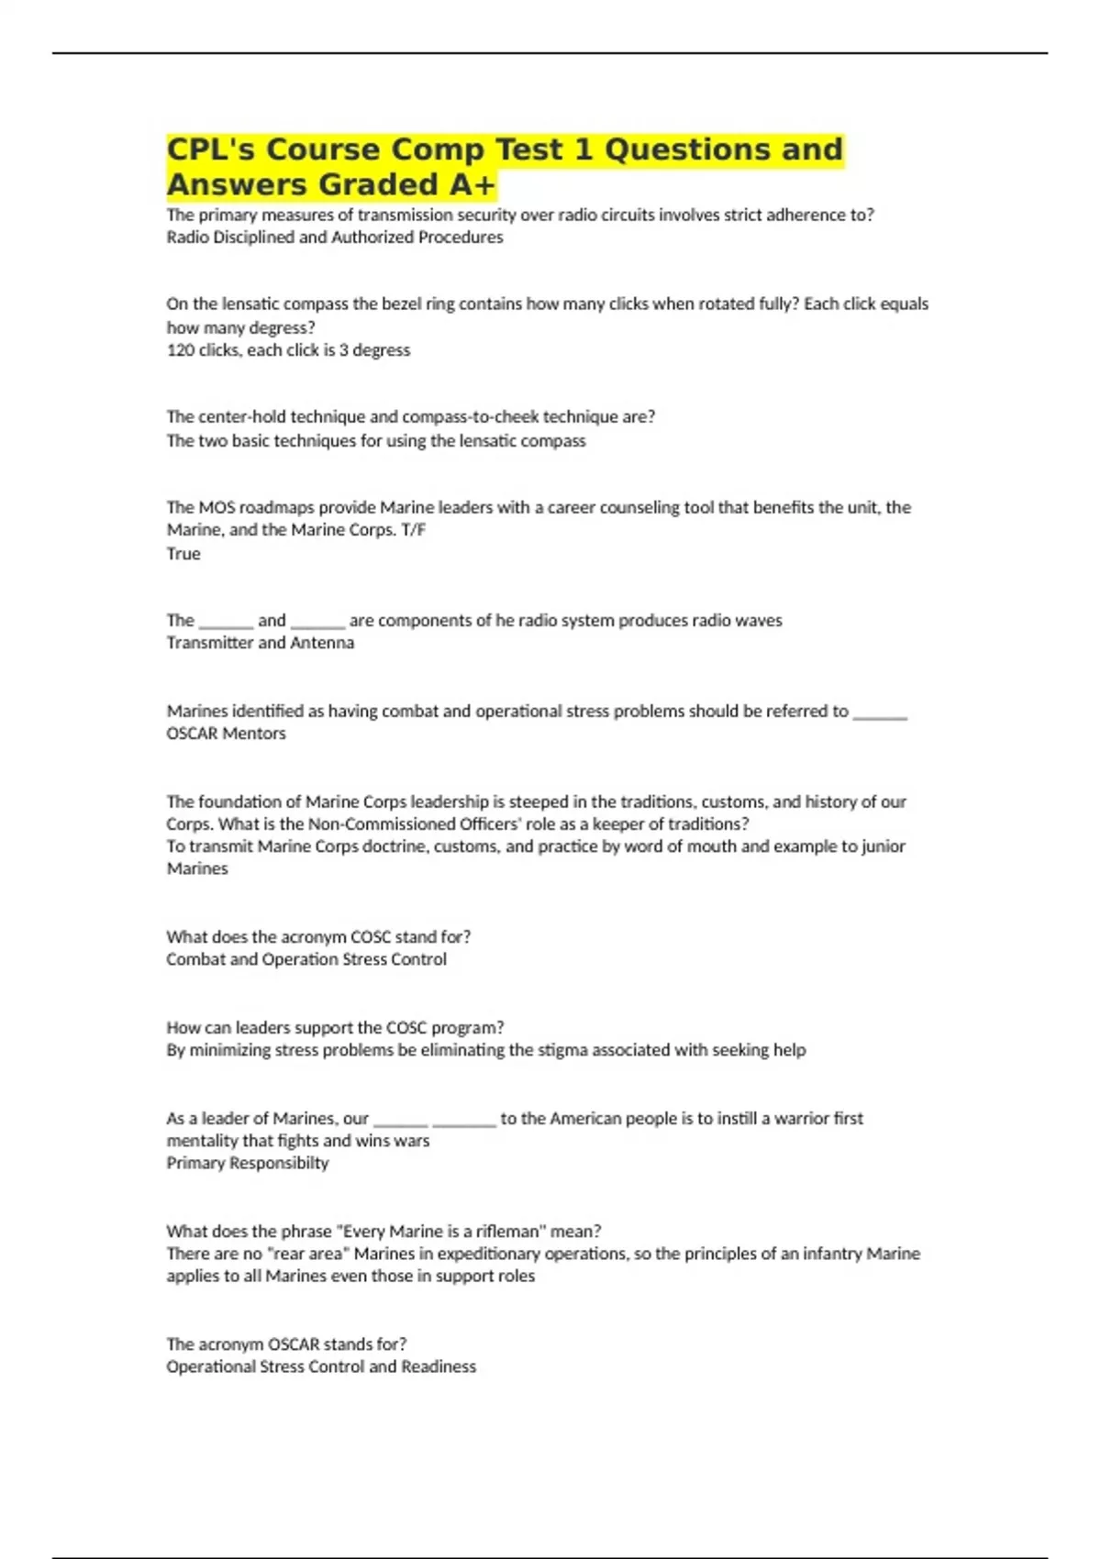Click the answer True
(183, 553)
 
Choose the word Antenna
(322, 642)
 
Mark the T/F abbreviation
(414, 529)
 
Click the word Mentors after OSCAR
(254, 733)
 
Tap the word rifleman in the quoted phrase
(509, 1231)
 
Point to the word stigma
(562, 1049)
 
